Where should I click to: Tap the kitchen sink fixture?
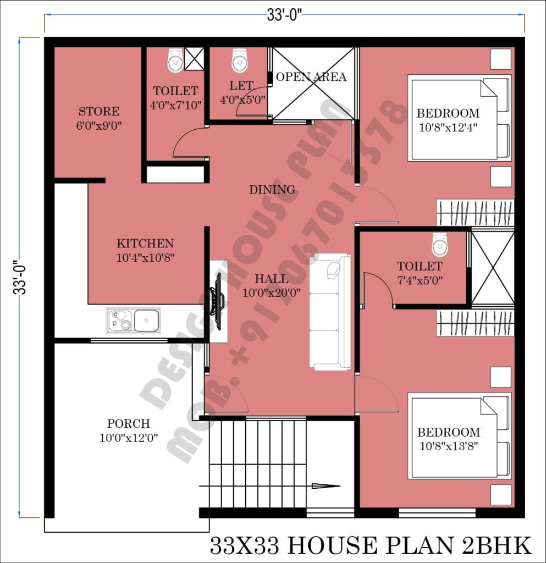click(133, 320)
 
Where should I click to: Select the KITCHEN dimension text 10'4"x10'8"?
click(145, 257)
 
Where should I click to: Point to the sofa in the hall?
click(329, 311)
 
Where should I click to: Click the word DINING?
click(272, 190)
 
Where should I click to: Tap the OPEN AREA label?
click(311, 77)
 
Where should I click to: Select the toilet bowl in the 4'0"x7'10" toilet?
click(175, 60)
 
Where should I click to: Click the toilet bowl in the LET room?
click(239, 60)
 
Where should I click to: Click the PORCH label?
click(128, 424)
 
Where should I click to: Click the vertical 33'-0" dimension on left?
click(20, 278)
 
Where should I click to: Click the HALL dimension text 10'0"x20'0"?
click(271, 293)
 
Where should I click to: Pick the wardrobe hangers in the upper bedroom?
click(475, 213)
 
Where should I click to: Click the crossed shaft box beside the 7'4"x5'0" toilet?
click(492, 268)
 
